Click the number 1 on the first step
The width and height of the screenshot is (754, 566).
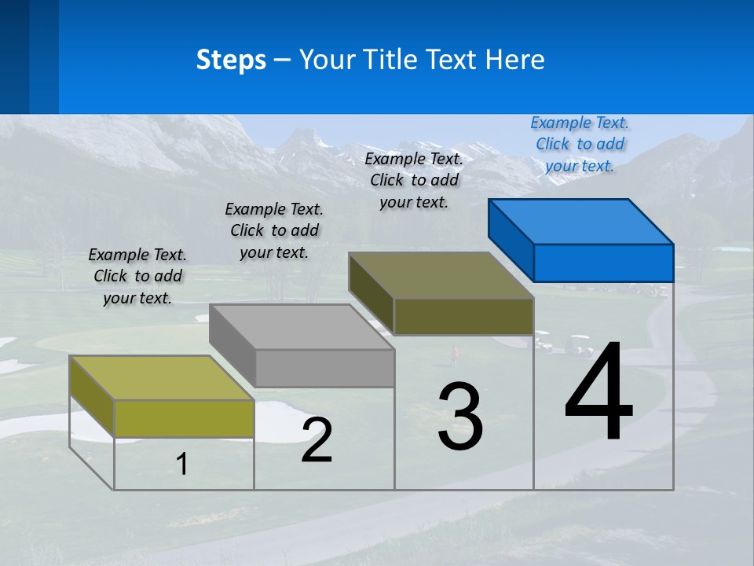182,464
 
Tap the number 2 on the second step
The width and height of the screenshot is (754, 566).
317,440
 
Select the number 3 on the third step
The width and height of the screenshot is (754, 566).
460,417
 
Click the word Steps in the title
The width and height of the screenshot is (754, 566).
231,60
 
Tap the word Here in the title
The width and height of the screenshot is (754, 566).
516,60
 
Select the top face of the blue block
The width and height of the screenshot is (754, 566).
581,221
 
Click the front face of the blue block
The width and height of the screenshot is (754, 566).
603,263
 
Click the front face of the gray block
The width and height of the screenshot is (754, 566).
325,368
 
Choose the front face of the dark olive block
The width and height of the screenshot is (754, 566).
463,316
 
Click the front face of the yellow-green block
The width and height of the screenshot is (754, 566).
184,418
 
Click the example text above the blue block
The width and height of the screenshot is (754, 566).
580,144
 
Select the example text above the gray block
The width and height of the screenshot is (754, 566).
274,230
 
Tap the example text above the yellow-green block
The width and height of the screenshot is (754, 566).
137,276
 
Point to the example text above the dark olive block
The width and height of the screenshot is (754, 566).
414,180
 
